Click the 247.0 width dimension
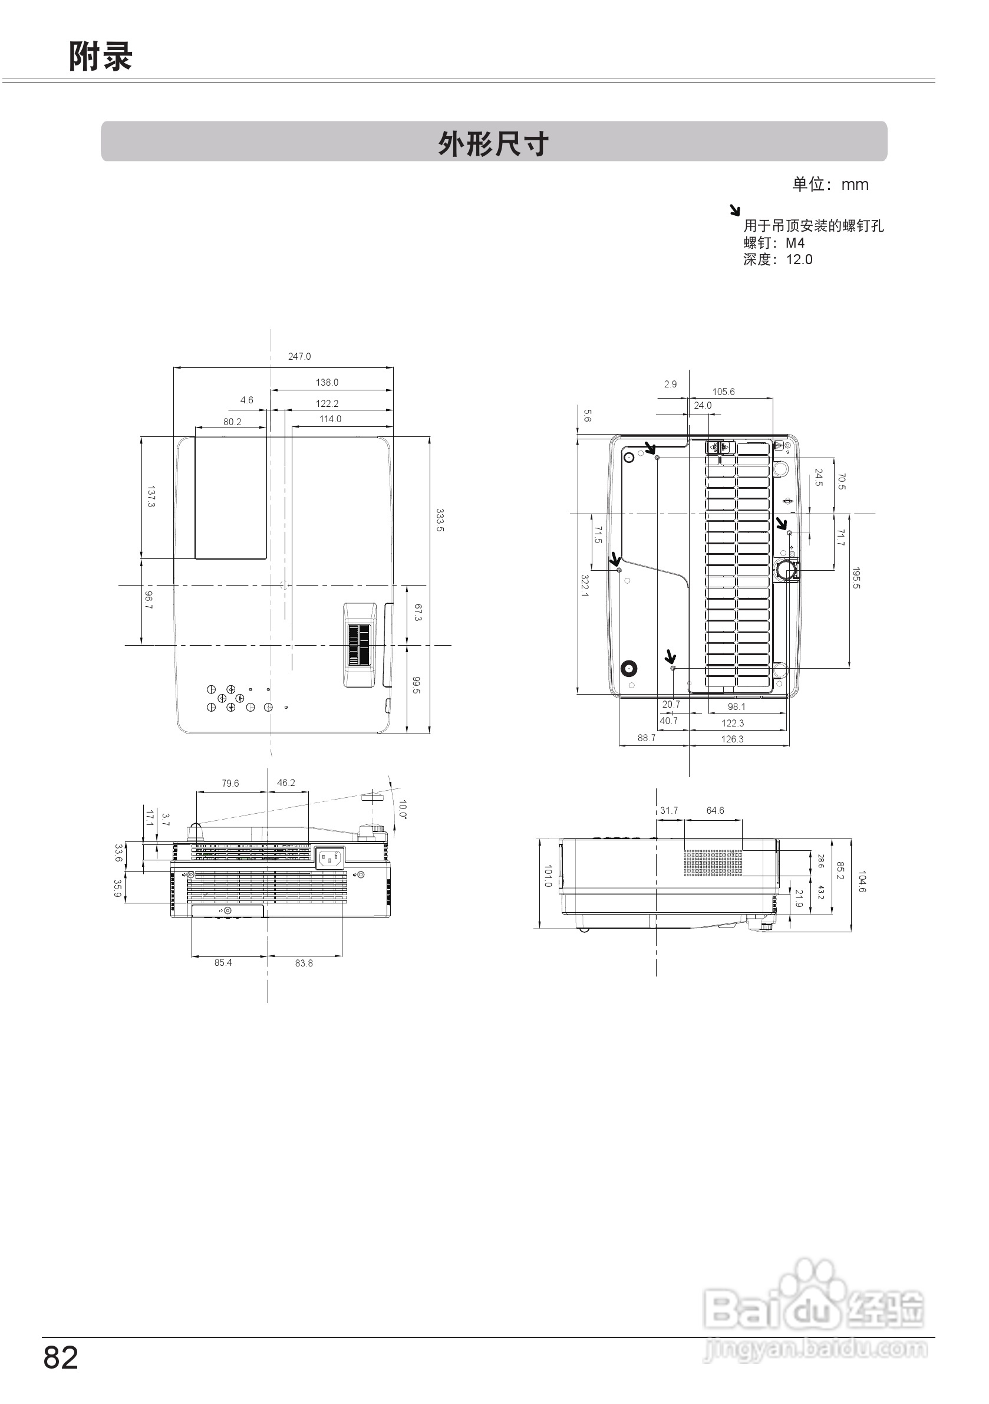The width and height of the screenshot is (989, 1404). (x=299, y=357)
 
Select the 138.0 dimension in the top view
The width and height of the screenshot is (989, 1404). (x=327, y=382)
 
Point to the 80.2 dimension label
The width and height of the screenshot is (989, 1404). (x=232, y=422)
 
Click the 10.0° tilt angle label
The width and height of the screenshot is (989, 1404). (x=403, y=809)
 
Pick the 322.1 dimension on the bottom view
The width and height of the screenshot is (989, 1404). (x=585, y=585)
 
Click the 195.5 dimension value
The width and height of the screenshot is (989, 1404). (x=856, y=578)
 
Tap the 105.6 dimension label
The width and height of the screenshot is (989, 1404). (x=724, y=392)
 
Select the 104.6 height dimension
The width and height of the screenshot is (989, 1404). (x=862, y=882)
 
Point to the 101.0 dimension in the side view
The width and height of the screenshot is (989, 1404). (x=548, y=876)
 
